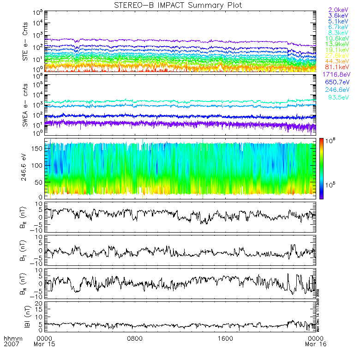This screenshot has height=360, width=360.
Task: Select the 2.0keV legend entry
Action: pos(338,10)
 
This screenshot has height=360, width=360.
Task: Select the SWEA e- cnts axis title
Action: pos(26,104)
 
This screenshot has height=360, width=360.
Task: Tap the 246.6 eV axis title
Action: pos(26,168)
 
